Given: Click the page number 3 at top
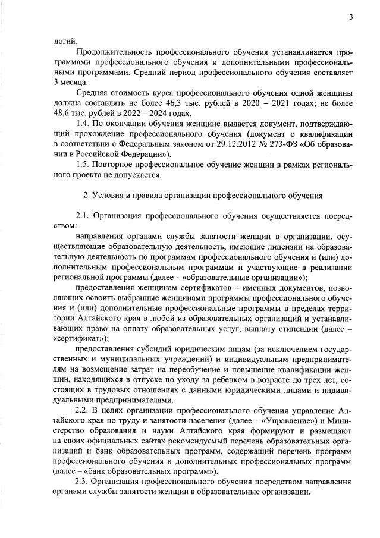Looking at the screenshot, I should click(351, 17).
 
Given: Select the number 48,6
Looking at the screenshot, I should click(64, 113).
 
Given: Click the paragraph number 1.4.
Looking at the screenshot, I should click(85, 123).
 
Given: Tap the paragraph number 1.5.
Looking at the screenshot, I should click(85, 164).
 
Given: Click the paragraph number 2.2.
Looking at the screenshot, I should click(84, 411).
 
